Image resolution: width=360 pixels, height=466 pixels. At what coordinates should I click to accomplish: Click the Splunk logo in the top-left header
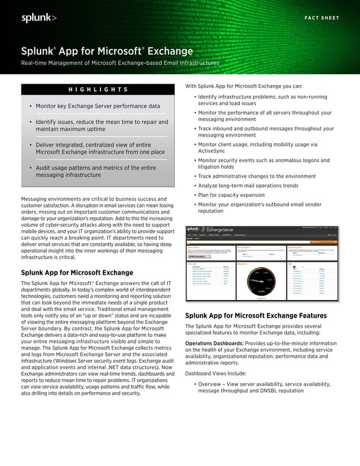[39, 18]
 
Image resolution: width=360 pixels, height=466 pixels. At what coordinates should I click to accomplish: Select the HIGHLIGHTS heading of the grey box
[98, 90]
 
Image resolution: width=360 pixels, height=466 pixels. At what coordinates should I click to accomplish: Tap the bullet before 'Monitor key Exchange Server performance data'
[30, 106]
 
